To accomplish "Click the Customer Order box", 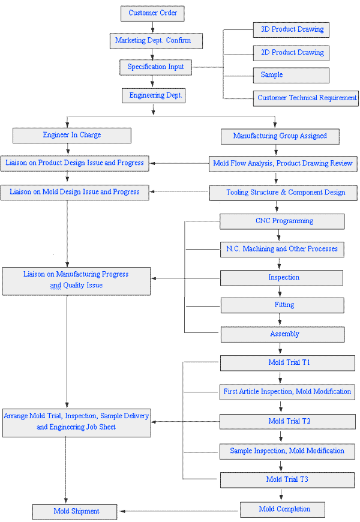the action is pos(152,13).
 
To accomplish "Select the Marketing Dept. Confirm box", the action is pos(156,41).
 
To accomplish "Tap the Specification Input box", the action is pos(155,67).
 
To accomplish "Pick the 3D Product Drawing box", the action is pos(291,30).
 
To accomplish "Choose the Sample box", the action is pos(291,75).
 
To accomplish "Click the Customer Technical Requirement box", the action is pos(306,98).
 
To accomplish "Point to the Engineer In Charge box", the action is pos(72,136).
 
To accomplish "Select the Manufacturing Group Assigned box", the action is pos(280,136).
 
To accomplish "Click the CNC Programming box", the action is pos(282,221).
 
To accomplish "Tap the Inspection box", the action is pos(282,278).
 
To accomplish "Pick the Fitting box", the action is pos(283,305).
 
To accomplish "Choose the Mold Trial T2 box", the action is pos(287,422).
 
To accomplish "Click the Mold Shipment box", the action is pos(74,512).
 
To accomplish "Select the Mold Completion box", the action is pos(283,509).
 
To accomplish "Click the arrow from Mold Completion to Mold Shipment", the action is pos(179,511).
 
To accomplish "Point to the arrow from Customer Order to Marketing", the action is pos(152,27).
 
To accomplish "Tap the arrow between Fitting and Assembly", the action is pos(280,320).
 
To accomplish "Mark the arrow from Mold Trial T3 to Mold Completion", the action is pos(281,495).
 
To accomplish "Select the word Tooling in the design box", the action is pos(237,193).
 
